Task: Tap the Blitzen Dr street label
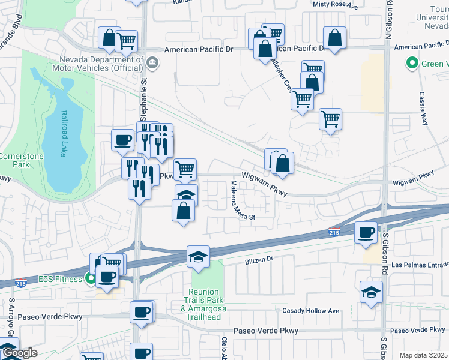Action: tap(259, 260)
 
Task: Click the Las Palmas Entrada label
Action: tap(420, 265)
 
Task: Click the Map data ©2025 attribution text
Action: tap(423, 355)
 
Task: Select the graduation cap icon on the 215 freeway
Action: tap(198, 257)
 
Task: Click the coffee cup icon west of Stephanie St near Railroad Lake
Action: tap(122, 140)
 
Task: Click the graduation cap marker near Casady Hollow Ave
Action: tap(371, 293)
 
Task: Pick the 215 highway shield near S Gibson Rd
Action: tap(334, 232)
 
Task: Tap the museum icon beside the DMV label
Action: tap(152, 62)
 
